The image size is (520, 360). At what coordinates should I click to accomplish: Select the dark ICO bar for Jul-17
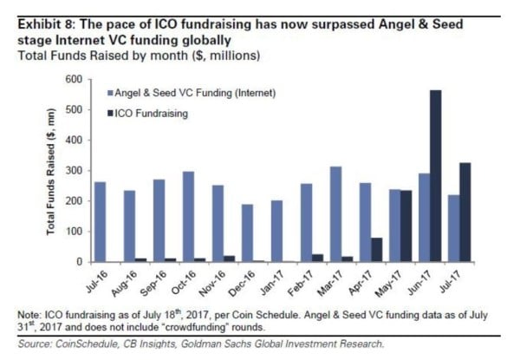point(466,213)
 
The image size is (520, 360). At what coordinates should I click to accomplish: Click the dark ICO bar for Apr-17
point(376,250)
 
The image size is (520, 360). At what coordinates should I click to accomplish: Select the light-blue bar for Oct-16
point(188,216)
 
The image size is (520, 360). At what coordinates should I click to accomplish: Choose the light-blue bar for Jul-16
point(100,221)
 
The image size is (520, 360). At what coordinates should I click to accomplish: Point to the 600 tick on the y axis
point(73,80)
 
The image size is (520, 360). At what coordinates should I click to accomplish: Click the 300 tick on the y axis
point(73,171)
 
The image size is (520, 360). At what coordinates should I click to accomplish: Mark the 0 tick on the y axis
point(78,262)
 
